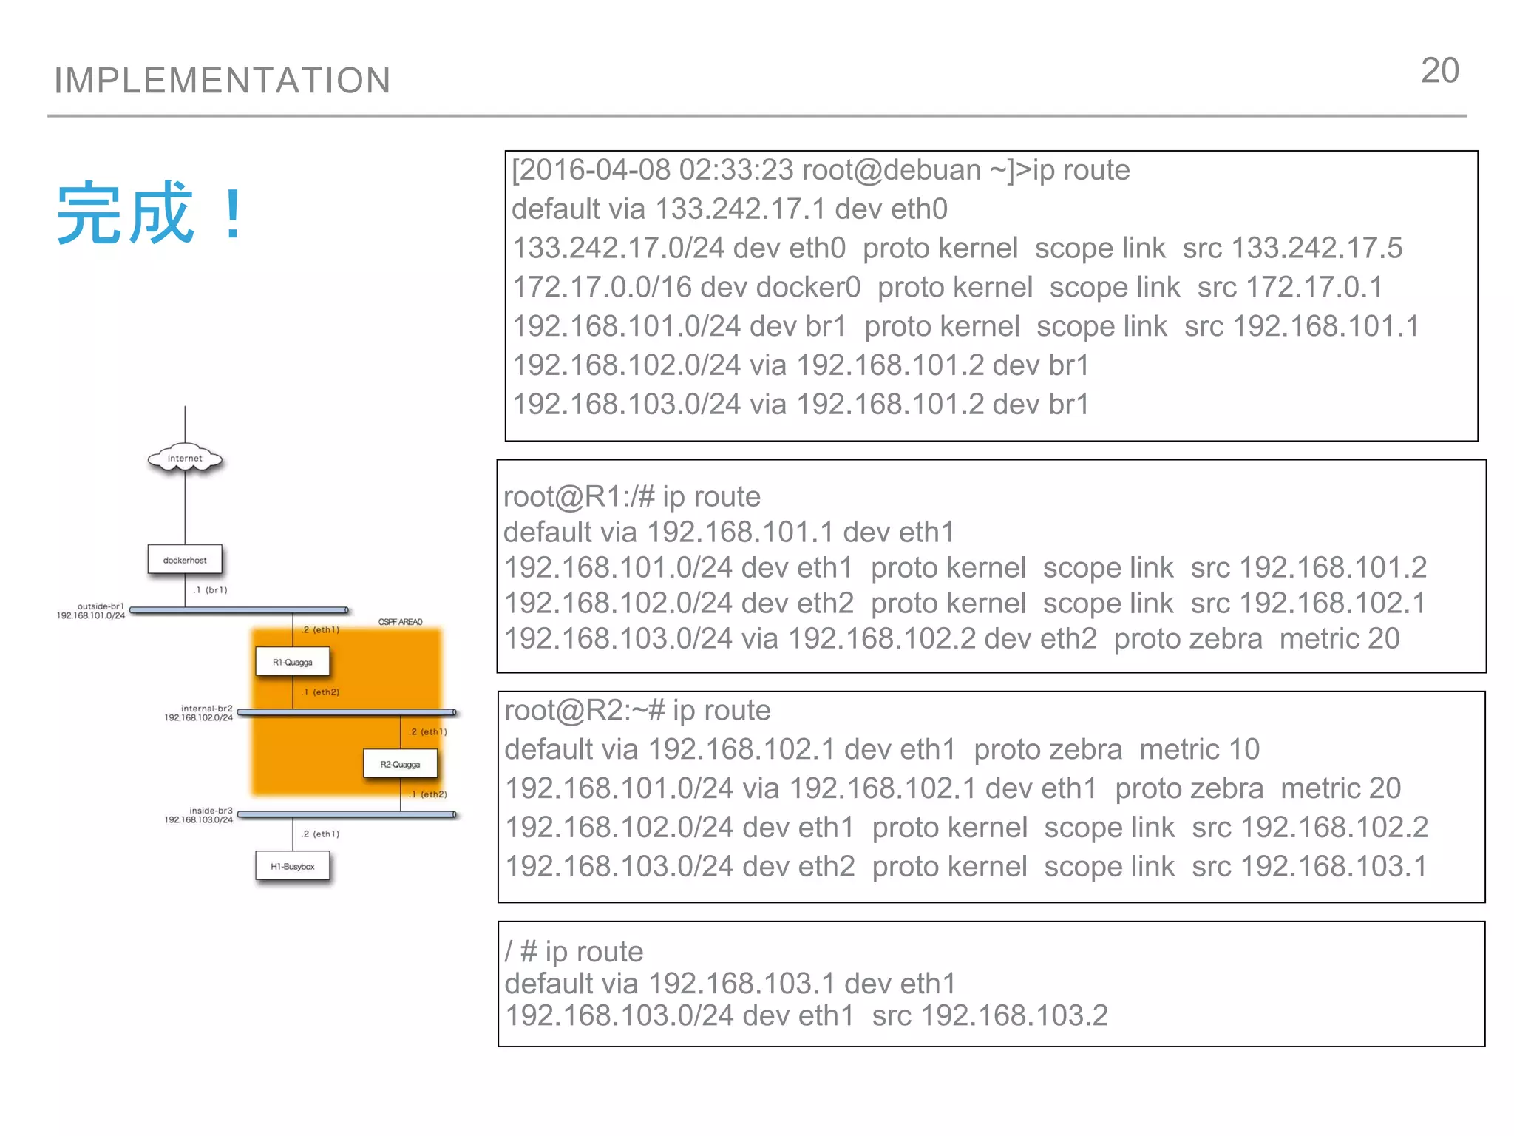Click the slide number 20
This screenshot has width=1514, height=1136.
pyautogui.click(x=1439, y=71)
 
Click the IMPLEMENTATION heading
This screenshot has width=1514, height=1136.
pyautogui.click(x=223, y=80)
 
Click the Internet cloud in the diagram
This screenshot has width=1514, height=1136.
pyautogui.click(x=185, y=459)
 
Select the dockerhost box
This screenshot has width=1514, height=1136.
pyautogui.click(x=185, y=560)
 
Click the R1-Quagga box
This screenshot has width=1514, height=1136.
pyautogui.click(x=292, y=662)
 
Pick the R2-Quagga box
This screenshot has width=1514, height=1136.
pyautogui.click(x=400, y=764)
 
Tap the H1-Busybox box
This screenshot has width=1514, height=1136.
pyautogui.click(x=292, y=866)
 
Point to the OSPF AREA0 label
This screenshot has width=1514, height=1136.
pyautogui.click(x=400, y=622)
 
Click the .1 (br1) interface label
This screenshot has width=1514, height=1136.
pyautogui.click(x=210, y=590)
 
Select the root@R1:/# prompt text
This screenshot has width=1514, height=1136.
pyautogui.click(x=579, y=496)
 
